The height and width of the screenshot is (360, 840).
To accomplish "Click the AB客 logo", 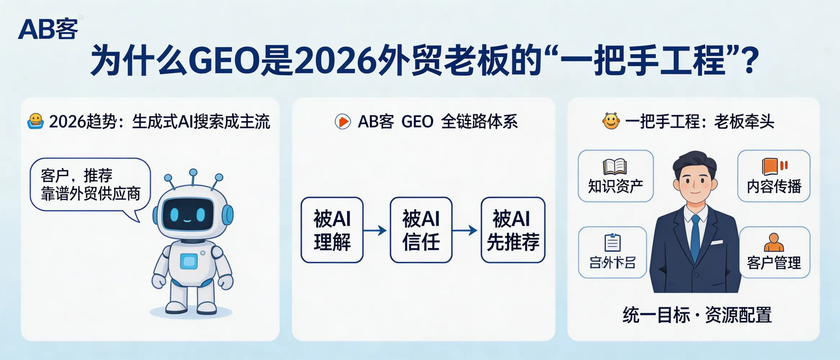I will click(x=48, y=29).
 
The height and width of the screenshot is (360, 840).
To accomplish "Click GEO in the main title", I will click(x=224, y=60).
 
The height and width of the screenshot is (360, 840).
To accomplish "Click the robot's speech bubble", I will click(x=90, y=185).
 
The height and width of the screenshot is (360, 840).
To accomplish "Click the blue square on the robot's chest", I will click(x=189, y=261).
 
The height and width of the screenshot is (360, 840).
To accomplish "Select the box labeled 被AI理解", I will click(x=332, y=230).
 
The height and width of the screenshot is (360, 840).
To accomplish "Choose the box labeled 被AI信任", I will click(x=421, y=230).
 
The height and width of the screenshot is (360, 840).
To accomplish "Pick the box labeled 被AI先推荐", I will click(x=513, y=230).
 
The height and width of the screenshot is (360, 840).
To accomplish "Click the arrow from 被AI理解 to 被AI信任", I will click(x=376, y=230).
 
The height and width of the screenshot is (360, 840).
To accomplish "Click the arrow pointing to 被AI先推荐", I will click(x=465, y=230).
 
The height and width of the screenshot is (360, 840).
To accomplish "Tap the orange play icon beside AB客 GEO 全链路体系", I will click(x=343, y=122).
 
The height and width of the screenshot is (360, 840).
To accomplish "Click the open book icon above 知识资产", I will click(x=615, y=167).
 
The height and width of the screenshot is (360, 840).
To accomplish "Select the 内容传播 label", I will click(x=774, y=186).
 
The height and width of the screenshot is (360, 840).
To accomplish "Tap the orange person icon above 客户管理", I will click(x=773, y=242).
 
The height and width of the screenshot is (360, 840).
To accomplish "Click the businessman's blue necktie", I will click(x=695, y=238).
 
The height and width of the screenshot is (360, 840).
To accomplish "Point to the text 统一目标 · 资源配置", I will click(x=697, y=315).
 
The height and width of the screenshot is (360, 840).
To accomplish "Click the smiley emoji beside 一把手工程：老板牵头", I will click(x=611, y=121).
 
